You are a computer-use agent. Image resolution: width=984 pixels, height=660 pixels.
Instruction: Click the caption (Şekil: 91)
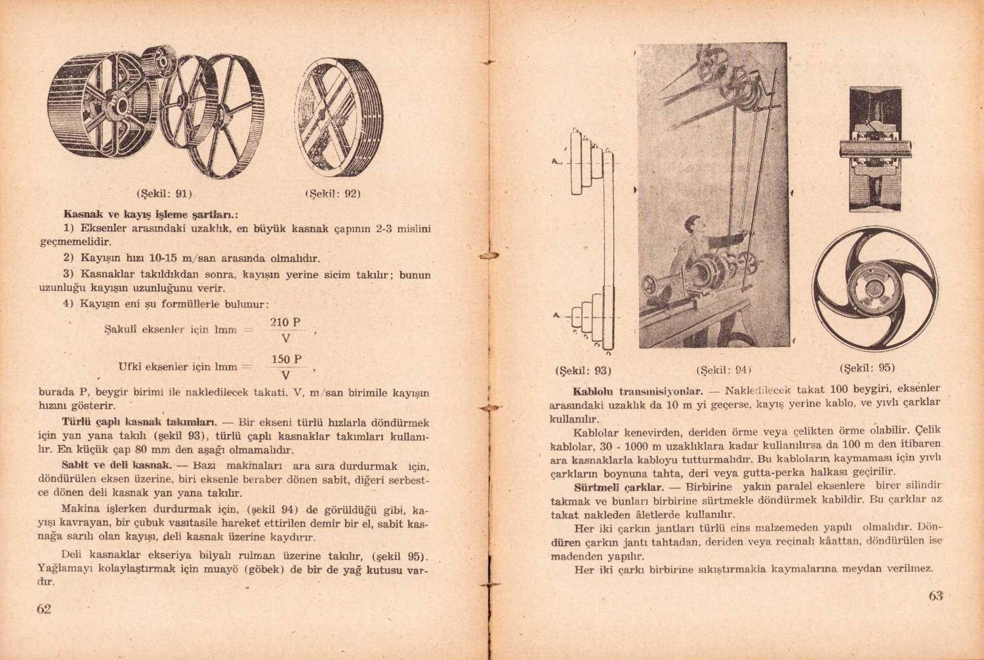coord(164,194)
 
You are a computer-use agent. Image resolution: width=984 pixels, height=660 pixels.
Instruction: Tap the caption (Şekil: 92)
coord(333,194)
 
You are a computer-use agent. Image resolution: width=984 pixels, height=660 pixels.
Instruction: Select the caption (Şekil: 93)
coord(583,370)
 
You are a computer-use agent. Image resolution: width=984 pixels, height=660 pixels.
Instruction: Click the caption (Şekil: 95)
coord(867,368)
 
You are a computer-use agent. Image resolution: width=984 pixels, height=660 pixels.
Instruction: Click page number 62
coord(44,609)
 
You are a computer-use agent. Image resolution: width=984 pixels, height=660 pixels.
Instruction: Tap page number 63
coord(935,596)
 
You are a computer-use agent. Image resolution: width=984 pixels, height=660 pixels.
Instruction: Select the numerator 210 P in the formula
coord(285,322)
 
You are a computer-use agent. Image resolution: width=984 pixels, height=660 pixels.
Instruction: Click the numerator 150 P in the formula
coord(286,360)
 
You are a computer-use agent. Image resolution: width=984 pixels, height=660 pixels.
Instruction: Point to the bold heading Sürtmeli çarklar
coord(619,488)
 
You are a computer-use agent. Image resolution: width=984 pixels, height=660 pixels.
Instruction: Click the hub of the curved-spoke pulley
coord(874,289)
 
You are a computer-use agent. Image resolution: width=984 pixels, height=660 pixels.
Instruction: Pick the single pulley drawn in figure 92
coord(338,118)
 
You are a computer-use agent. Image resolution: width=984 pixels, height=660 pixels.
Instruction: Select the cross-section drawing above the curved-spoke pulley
coord(875,149)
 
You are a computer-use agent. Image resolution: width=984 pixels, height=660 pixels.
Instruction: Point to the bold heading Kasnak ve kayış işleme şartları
coord(150,214)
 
